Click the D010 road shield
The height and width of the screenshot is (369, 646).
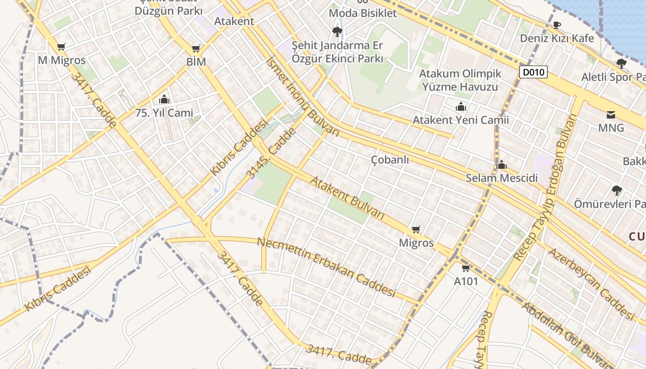(x=534, y=72)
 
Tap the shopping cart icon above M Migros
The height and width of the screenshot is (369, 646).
(x=61, y=47)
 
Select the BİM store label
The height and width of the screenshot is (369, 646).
(x=196, y=61)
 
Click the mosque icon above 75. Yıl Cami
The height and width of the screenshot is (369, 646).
(x=164, y=99)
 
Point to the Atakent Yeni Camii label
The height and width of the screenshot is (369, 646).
(x=461, y=120)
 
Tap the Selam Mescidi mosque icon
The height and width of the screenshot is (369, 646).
(x=502, y=165)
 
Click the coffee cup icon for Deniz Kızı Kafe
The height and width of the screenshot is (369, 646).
(x=557, y=25)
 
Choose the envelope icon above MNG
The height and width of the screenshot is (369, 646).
(x=611, y=115)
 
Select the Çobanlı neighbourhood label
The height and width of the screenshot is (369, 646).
(x=390, y=160)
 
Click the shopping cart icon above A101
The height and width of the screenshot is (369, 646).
(x=466, y=268)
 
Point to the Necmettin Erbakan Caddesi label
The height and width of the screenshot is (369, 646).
(x=326, y=267)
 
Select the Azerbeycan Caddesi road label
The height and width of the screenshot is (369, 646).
(x=591, y=284)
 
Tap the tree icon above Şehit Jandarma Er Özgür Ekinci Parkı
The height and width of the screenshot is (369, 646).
(x=337, y=31)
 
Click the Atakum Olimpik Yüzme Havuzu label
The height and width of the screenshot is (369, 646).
(x=460, y=80)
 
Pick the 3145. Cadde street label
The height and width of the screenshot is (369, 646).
(x=271, y=154)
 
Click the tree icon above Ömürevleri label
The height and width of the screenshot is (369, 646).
(x=616, y=190)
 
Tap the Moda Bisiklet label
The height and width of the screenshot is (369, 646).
(x=363, y=13)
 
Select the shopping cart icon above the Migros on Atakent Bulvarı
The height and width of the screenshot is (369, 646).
(x=416, y=229)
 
